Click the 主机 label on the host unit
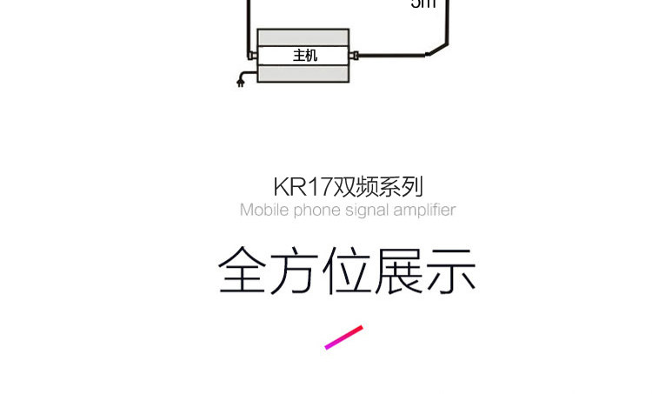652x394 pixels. tap(305, 55)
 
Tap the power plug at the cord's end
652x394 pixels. tap(240, 83)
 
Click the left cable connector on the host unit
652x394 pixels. tap(252, 56)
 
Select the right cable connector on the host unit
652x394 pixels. tap(356, 56)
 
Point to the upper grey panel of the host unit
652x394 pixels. tap(304, 37)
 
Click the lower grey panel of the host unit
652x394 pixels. tap(304, 73)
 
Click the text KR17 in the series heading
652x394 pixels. tap(296, 186)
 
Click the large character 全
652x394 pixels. tap(243, 270)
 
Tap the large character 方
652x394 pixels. tap(296, 270)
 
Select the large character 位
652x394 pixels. tap(347, 270)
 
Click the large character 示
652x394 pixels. tap(451, 270)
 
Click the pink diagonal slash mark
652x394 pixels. tap(343, 337)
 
